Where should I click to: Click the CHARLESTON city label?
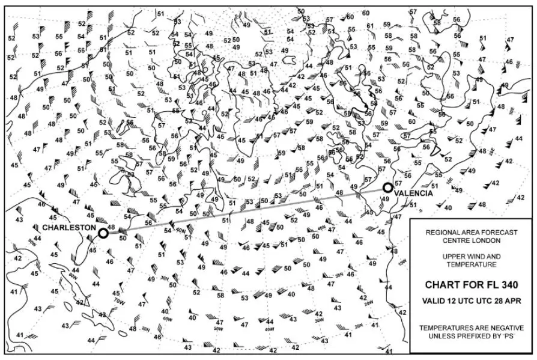tap(69, 228)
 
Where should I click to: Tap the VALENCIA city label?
tap(415, 193)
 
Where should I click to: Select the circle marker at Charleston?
tap(103, 233)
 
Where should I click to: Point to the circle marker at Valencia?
tap(387, 188)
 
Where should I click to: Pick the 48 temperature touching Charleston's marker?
tap(111, 227)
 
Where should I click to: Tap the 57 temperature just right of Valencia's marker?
tap(398, 183)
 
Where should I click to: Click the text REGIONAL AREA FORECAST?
tap(472, 231)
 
